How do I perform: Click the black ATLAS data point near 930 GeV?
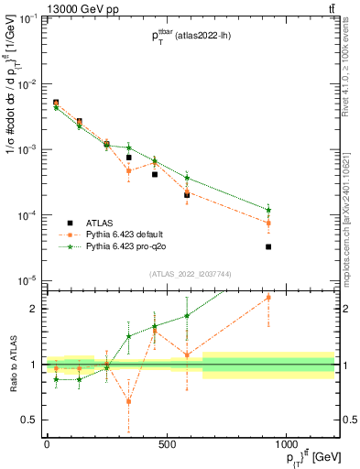tap(268, 246)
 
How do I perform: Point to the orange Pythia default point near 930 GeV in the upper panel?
tap(268, 223)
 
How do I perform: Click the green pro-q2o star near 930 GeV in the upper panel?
tap(268, 210)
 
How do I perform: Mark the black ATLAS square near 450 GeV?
tap(155, 174)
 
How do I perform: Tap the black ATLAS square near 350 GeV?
tap(129, 158)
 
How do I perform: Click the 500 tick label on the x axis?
tap(167, 443)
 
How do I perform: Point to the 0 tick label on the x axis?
tap(47, 443)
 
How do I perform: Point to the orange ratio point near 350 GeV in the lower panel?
tap(129, 400)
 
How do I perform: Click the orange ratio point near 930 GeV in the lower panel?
tap(268, 298)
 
